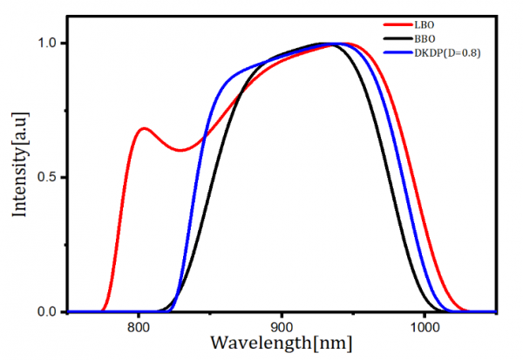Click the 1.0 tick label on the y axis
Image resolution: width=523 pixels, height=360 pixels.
[49, 43]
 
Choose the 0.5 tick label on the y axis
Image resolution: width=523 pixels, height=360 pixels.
[49, 177]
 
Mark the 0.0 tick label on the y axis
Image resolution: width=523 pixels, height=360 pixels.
[49, 311]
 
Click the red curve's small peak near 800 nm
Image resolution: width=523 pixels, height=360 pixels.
[144, 128]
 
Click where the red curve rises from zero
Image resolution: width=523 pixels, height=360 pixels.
[104, 308]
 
